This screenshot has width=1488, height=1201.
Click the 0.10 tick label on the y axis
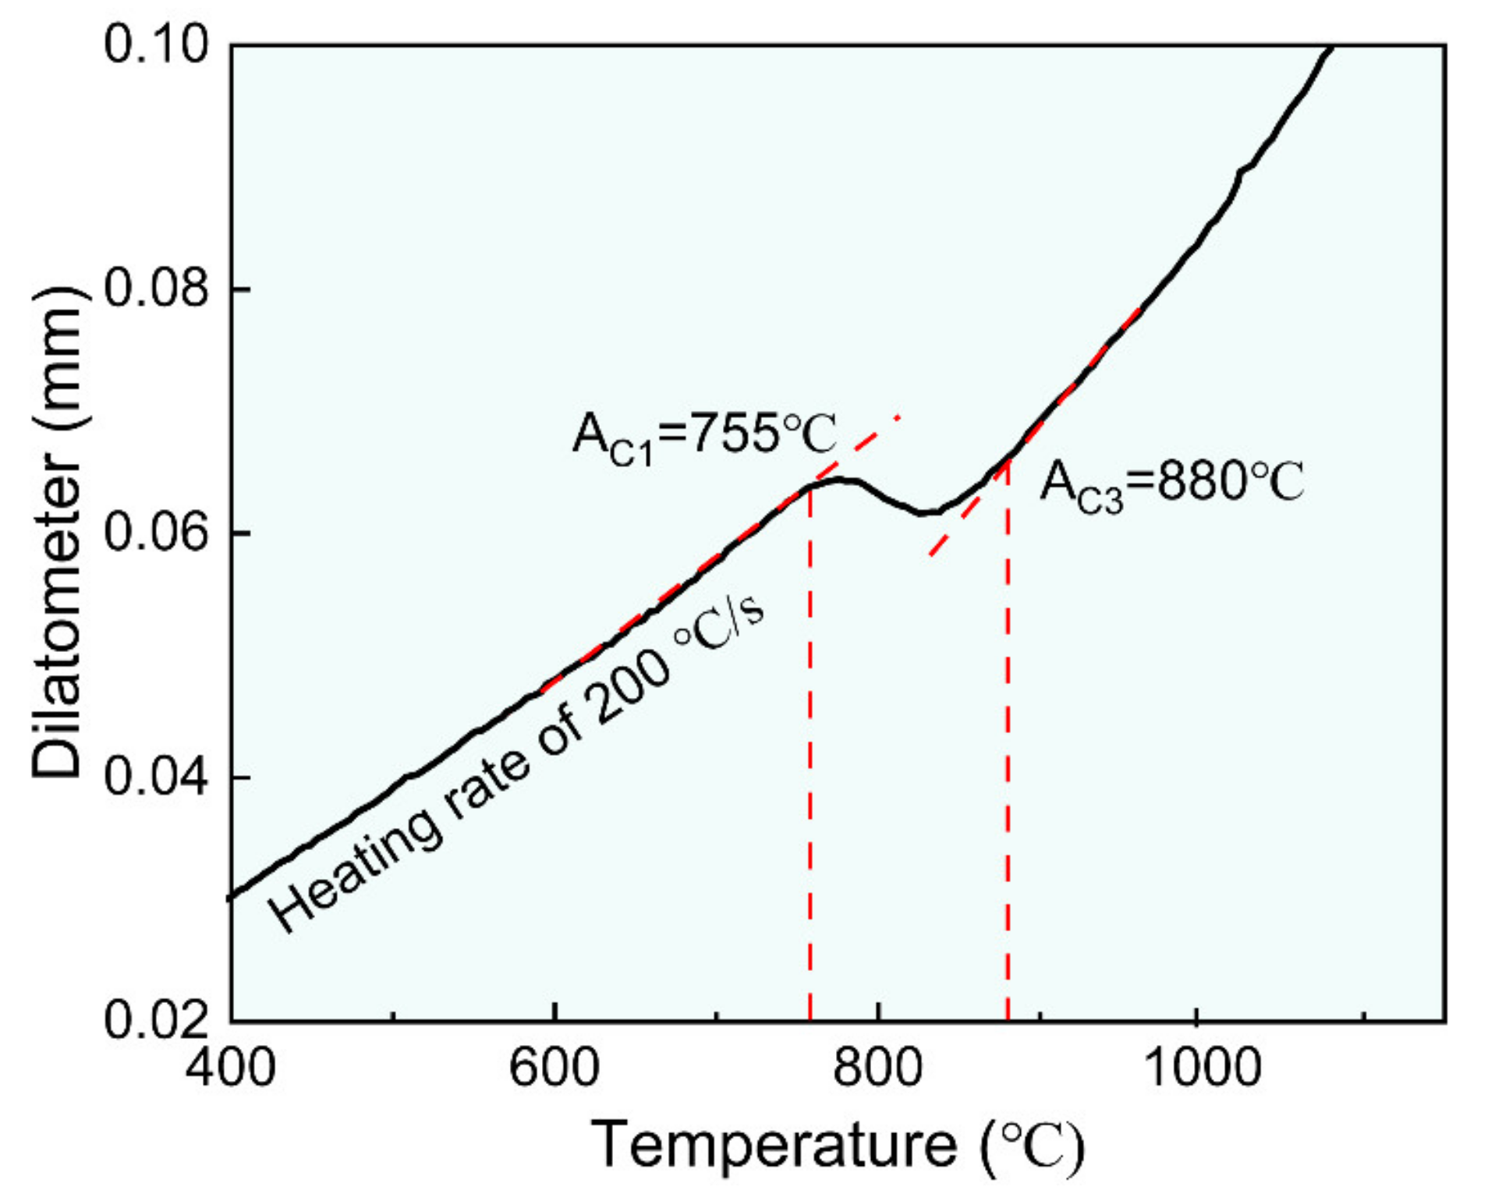[156, 44]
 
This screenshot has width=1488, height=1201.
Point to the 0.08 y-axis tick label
[156, 288]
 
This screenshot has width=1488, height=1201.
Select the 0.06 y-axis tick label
[156, 533]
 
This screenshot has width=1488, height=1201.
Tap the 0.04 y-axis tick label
[156, 777]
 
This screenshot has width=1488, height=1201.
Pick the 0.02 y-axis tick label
[156, 1019]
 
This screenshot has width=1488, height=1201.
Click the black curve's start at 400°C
[232, 897]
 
